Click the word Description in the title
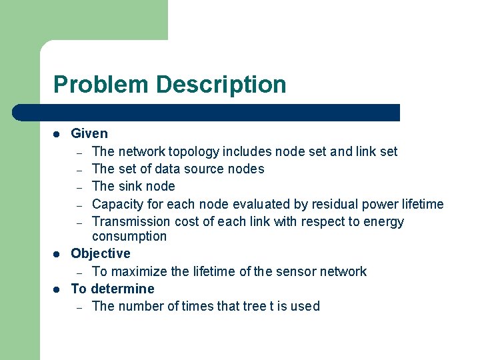221,85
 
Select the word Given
89,133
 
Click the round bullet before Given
57,134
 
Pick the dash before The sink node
79,187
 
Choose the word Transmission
131,221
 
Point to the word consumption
129,236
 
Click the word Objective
101,253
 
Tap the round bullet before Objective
57,254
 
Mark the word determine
123,289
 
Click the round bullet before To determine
57,289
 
